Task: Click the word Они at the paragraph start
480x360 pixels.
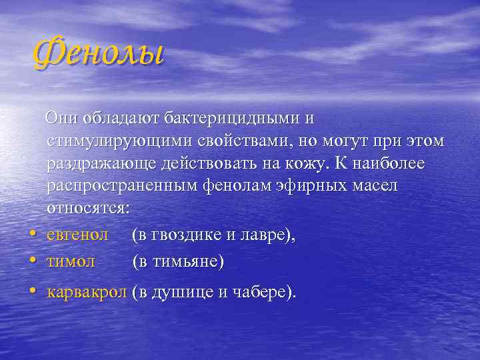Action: click(61, 119)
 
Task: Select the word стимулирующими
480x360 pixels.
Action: click(121, 142)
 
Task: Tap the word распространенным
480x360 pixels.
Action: click(120, 187)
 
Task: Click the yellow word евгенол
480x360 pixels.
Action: click(78, 235)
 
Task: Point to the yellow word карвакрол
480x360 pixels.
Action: click(86, 292)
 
